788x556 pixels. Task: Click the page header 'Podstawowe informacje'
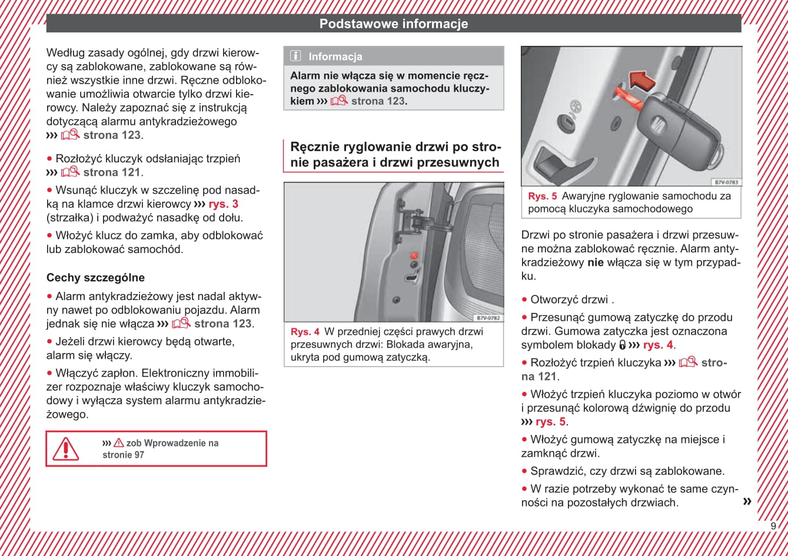pos(394,24)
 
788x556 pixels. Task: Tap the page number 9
pos(773,526)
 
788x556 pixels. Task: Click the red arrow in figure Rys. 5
pos(641,81)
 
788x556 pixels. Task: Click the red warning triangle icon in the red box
pos(66,449)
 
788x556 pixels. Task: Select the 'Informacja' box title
pos(335,57)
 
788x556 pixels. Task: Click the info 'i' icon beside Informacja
pos(296,56)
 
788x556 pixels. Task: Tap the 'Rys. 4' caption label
pos(305,332)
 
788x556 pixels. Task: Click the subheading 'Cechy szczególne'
pos(95,278)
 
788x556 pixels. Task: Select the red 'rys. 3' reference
pos(223,204)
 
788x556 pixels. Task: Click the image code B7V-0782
pos(488,318)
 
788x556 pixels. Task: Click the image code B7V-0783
pos(726,182)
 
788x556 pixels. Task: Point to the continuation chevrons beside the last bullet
pos(747,501)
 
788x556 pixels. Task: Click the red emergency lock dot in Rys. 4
pos(414,256)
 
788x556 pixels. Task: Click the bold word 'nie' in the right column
pos(596,262)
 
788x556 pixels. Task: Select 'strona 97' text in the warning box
pos(123,455)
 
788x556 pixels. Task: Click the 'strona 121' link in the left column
pos(112,172)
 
